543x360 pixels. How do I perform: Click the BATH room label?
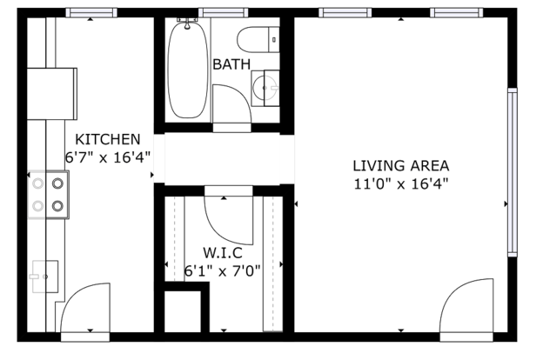pos(231,64)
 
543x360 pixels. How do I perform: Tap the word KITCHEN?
pos(108,139)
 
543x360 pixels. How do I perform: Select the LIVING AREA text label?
pos(401,166)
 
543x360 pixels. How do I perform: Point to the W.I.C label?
pos(223,253)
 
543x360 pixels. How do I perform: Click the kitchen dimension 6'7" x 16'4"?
pos(108,158)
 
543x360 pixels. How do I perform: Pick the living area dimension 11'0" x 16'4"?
pos(401,183)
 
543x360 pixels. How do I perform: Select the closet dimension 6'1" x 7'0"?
pos(222,270)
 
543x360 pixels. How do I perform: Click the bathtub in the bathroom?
pos(188,70)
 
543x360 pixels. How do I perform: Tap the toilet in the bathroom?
pos(258,40)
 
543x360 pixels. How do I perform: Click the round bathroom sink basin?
pos(265,88)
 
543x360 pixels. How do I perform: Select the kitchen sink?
pos(45,277)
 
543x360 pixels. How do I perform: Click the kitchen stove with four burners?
pos(48,195)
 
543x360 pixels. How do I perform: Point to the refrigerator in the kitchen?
pos(52,94)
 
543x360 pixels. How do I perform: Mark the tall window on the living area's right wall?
pos(513,172)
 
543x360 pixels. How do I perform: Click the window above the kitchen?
pos(91,13)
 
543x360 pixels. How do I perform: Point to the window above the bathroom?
pos(224,13)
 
